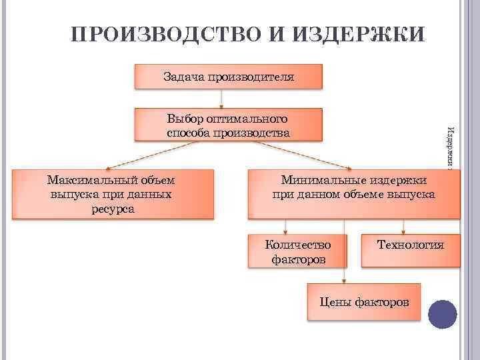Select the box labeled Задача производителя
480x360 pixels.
click(229, 77)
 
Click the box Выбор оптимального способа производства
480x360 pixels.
click(229, 125)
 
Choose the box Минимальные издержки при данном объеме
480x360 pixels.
click(353, 194)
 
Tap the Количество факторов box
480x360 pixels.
click(299, 251)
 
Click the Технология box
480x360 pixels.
click(410, 250)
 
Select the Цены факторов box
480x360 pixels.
click(363, 302)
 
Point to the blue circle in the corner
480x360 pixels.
click(442, 313)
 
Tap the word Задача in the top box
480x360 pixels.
click(183, 77)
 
